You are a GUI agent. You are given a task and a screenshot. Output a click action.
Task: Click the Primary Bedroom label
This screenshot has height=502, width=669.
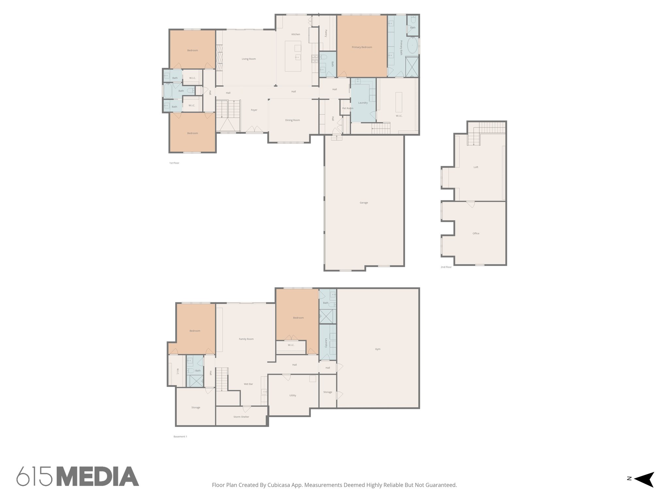(x=362, y=47)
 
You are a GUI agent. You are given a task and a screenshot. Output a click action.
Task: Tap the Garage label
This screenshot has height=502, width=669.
(x=364, y=203)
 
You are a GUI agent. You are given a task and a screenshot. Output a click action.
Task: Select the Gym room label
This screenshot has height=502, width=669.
(x=377, y=349)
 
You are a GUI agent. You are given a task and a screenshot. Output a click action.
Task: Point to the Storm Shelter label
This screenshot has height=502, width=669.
(x=241, y=417)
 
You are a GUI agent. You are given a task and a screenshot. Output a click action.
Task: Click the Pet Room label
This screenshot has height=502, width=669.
(x=347, y=109)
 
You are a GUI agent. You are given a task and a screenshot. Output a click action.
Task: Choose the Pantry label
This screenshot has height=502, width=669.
(x=326, y=33)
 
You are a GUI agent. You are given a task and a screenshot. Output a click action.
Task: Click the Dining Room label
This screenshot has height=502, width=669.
(x=292, y=120)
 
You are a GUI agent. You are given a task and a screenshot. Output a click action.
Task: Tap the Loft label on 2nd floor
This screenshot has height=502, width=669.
(x=476, y=167)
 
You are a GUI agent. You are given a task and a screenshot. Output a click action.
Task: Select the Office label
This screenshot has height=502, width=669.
(x=476, y=234)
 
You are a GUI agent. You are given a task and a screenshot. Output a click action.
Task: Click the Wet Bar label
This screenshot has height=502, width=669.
(x=248, y=384)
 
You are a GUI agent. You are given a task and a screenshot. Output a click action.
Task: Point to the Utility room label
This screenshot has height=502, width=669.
(x=292, y=395)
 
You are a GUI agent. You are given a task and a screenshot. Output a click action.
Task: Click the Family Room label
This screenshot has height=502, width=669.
(x=246, y=339)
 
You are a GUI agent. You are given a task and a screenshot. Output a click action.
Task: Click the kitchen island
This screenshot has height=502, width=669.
(x=293, y=56)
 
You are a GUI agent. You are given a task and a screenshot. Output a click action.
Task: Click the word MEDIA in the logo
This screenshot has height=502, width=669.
(x=98, y=477)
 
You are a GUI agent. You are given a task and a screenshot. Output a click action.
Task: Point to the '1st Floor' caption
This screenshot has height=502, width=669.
(x=174, y=163)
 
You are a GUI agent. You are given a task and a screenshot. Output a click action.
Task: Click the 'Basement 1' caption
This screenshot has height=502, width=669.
(x=180, y=437)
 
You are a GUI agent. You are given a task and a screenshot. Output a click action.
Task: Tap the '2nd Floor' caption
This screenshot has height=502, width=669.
(x=446, y=267)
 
